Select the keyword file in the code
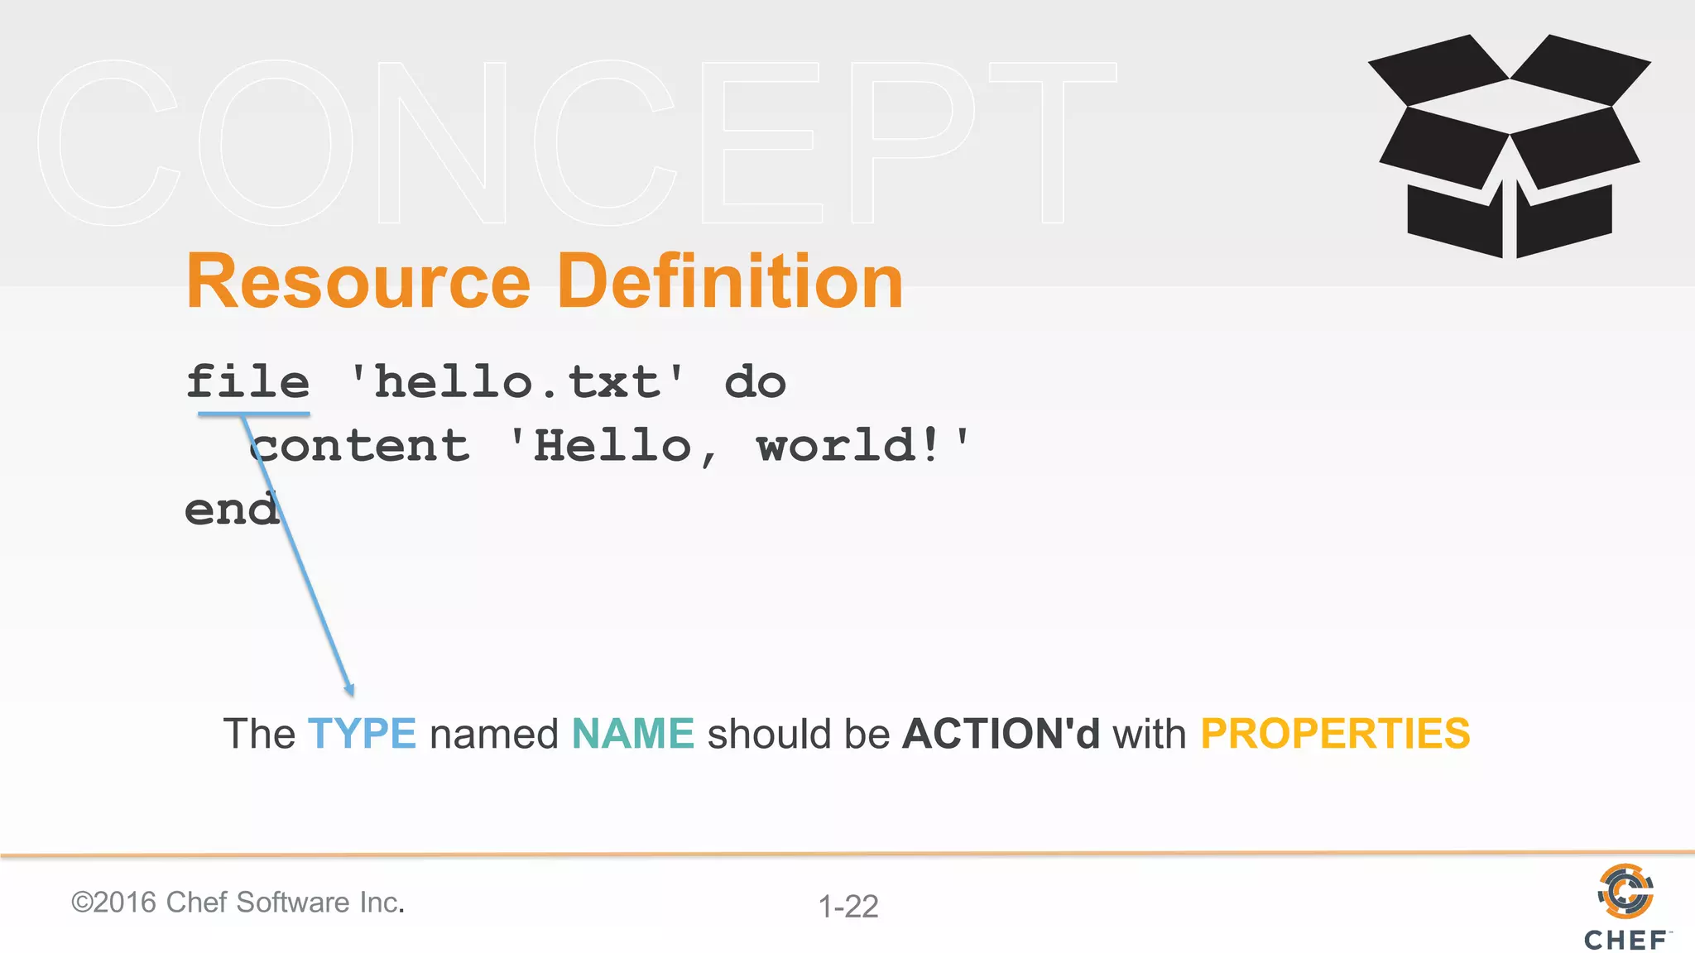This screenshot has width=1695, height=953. click(x=248, y=382)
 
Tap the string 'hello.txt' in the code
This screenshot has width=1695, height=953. click(x=517, y=382)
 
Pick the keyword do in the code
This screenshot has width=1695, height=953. click(x=755, y=382)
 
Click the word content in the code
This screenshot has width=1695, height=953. click(x=361, y=447)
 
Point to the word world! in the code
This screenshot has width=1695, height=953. click(x=848, y=447)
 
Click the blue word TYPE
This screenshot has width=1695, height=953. click(x=362, y=734)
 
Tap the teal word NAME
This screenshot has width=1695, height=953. click(x=633, y=734)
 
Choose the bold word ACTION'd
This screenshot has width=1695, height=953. click(x=1001, y=734)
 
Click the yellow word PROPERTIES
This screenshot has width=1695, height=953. click(x=1335, y=734)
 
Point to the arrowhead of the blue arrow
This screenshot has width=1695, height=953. click(x=350, y=690)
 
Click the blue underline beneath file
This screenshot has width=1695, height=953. click(x=253, y=413)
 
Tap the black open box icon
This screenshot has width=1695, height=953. click(x=1510, y=146)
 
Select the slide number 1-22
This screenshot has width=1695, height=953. click(x=848, y=907)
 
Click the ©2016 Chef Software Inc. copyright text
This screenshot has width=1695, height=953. click(x=238, y=903)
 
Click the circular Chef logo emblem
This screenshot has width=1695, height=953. click(x=1625, y=891)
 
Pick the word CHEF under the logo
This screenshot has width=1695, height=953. click(x=1625, y=941)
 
